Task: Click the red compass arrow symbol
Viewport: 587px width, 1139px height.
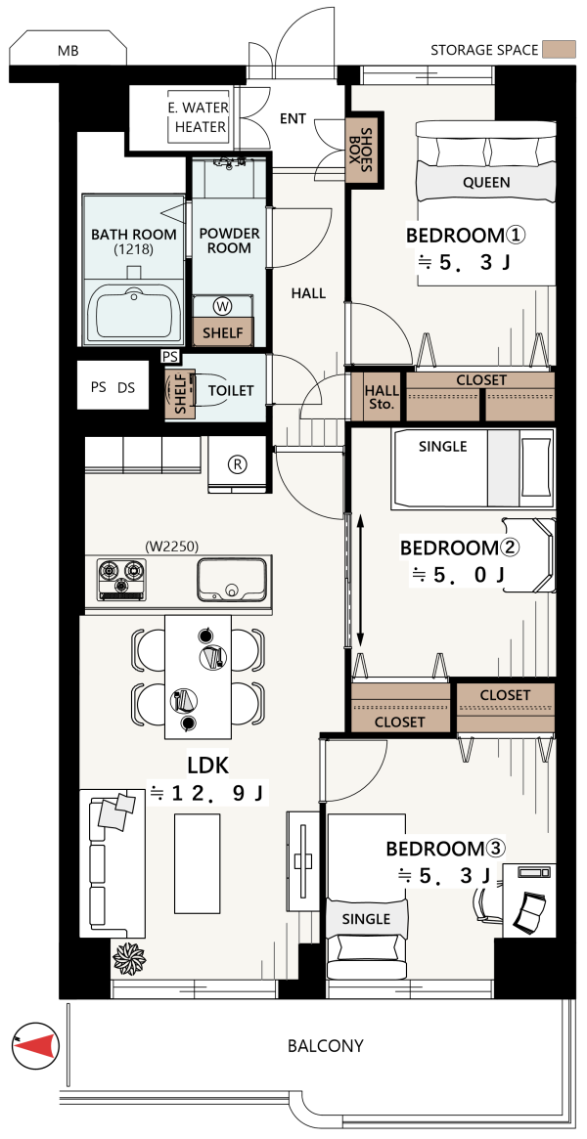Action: click(x=36, y=1045)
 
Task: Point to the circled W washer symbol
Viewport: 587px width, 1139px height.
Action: click(x=223, y=307)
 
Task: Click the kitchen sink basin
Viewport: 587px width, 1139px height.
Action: click(x=230, y=579)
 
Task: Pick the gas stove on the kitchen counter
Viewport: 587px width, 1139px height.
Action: click(x=120, y=579)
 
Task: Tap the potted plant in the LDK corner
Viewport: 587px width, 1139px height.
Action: click(x=129, y=958)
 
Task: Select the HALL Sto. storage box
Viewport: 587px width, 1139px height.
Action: click(x=380, y=397)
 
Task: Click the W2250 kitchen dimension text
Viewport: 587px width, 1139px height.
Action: click(x=171, y=547)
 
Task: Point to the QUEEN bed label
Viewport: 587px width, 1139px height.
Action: click(x=486, y=182)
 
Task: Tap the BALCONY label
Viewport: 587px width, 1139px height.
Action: click(x=326, y=1046)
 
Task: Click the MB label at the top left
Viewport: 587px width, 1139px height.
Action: click(x=68, y=52)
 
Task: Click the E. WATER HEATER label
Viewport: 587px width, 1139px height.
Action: click(x=199, y=117)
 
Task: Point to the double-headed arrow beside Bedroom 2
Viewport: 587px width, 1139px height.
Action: click(x=361, y=580)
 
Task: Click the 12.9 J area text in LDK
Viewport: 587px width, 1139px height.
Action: click(x=208, y=793)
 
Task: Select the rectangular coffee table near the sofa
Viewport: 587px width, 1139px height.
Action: click(x=197, y=864)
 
